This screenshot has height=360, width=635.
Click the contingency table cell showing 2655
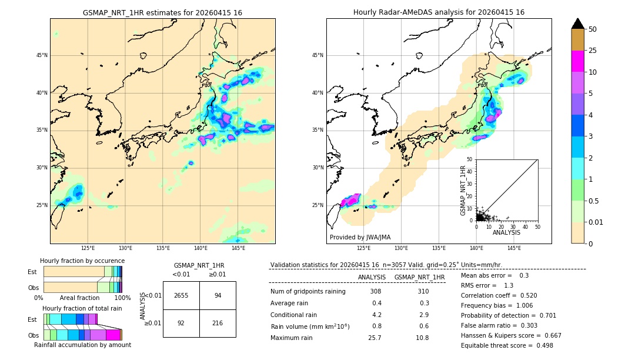[x=181, y=295]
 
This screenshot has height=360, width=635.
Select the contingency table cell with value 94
[x=218, y=295]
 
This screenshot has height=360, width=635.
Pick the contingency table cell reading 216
[x=218, y=323]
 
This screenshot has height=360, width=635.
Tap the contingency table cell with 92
[x=181, y=323]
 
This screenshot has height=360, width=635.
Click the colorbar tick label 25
[x=593, y=51]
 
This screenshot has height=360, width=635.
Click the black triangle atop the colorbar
[x=578, y=24]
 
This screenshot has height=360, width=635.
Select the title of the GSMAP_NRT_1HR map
[x=162, y=13]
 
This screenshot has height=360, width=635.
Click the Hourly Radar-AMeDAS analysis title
[x=439, y=12]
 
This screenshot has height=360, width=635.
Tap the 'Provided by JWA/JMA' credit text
[x=360, y=238]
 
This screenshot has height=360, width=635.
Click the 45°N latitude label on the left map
[x=42, y=55]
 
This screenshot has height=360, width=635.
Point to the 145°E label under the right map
[x=514, y=248]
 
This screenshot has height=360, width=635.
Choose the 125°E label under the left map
[x=88, y=248]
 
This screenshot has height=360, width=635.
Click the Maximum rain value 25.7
[x=375, y=338]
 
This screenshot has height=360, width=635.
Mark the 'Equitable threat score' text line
[x=507, y=345]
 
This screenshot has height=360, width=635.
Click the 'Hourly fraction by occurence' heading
[x=82, y=261]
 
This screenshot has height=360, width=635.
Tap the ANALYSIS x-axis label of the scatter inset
[x=506, y=233]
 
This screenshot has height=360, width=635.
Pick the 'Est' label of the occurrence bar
[x=32, y=272]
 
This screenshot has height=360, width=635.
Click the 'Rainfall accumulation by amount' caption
[x=82, y=345]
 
